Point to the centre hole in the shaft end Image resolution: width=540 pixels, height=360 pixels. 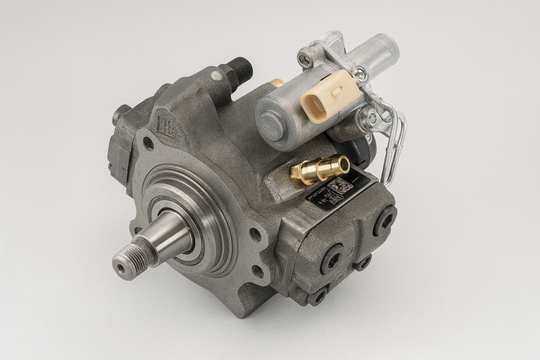[x=121, y=268]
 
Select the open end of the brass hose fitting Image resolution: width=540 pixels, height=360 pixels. [x=342, y=163]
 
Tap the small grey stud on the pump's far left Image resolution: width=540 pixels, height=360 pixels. [x=117, y=114]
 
